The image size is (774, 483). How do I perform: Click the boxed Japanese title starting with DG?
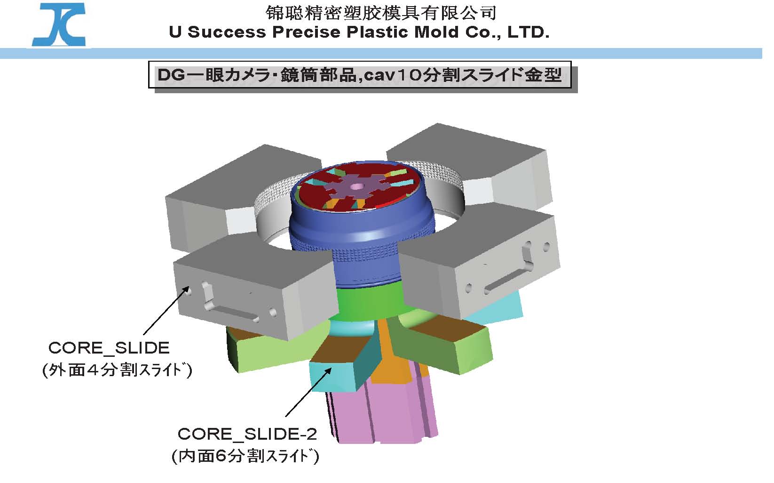[360, 75]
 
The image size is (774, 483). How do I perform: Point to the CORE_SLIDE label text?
[109, 348]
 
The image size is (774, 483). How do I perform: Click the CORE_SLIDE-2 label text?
[247, 434]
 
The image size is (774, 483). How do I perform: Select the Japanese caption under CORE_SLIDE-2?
[245, 456]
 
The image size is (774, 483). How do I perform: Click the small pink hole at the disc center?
[356, 187]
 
